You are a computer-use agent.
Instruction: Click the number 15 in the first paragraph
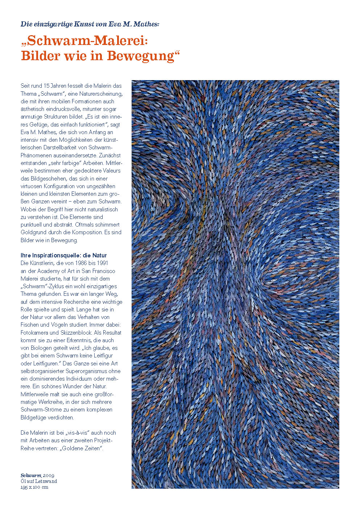(46, 86)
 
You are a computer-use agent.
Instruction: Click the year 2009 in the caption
(49, 475)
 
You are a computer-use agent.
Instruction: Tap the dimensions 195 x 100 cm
(34, 487)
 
